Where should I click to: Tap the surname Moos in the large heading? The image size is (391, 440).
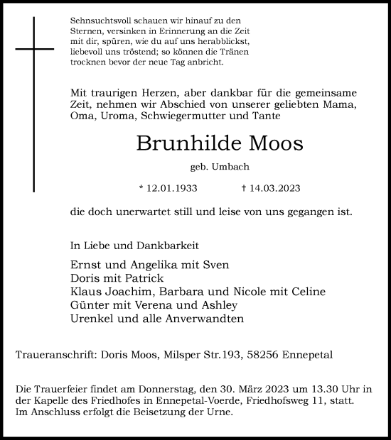tap(274, 143)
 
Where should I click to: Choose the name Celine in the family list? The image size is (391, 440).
tap(309, 292)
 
